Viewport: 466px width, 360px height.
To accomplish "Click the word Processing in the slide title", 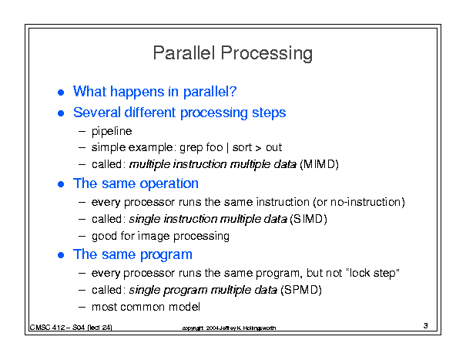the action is click(x=267, y=53).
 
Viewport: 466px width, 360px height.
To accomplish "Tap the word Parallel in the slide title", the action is click(x=184, y=52).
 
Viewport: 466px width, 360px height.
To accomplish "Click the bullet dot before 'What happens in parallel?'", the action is click(x=61, y=93).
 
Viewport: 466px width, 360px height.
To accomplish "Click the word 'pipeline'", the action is click(x=112, y=131).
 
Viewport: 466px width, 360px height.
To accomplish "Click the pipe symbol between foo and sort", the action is click(x=227, y=147).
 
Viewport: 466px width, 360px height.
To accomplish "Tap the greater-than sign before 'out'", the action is click(x=258, y=148).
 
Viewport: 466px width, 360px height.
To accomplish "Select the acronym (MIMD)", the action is click(x=319, y=164).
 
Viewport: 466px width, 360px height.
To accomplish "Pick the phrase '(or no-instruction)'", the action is click(x=359, y=202).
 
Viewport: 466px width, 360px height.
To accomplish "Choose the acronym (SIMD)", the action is click(x=308, y=219).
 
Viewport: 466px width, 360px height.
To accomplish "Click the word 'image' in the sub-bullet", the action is click(x=153, y=236).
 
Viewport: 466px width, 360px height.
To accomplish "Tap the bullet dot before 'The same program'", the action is click(x=61, y=255).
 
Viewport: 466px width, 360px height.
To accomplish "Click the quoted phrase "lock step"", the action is click(x=374, y=273).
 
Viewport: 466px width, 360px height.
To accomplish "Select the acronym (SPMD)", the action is click(x=301, y=290).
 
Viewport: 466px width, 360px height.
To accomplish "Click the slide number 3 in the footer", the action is click(x=426, y=326).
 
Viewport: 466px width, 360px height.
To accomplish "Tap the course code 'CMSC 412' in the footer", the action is click(x=47, y=328).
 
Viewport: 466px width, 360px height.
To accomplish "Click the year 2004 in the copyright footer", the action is click(x=212, y=328).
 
